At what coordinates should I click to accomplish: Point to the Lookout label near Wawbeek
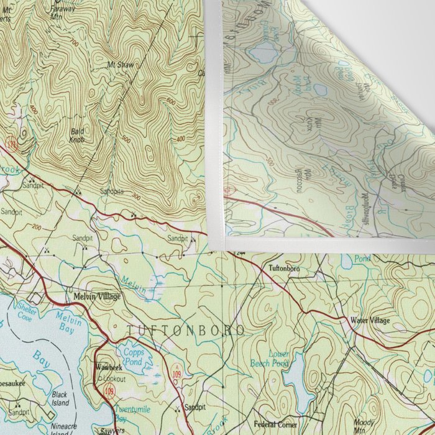(x=114, y=378)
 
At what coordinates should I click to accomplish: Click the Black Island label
(x=60, y=398)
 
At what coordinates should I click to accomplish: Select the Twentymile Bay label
(x=129, y=414)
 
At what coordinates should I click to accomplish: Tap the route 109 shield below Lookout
(x=110, y=391)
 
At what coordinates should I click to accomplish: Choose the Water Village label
(x=370, y=320)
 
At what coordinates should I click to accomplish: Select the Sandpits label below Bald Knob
(x=112, y=192)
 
